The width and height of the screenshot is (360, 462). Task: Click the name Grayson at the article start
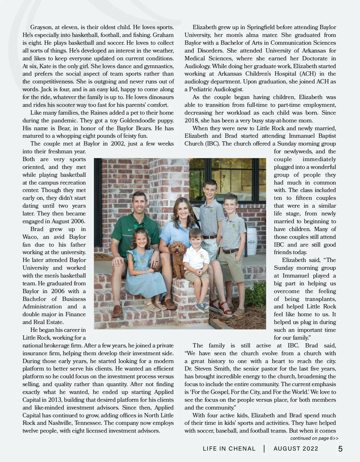pyautogui.click(x=41, y=27)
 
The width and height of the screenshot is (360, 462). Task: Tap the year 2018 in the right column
pyautogui.click(x=191, y=121)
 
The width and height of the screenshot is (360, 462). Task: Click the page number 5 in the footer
pyautogui.click(x=340, y=449)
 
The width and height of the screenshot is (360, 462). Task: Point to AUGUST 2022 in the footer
pyautogui.click(x=296, y=449)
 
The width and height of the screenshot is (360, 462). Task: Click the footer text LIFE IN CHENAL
pyautogui.click(x=229, y=449)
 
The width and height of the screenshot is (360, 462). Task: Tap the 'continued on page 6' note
pyautogui.click(x=314, y=438)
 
